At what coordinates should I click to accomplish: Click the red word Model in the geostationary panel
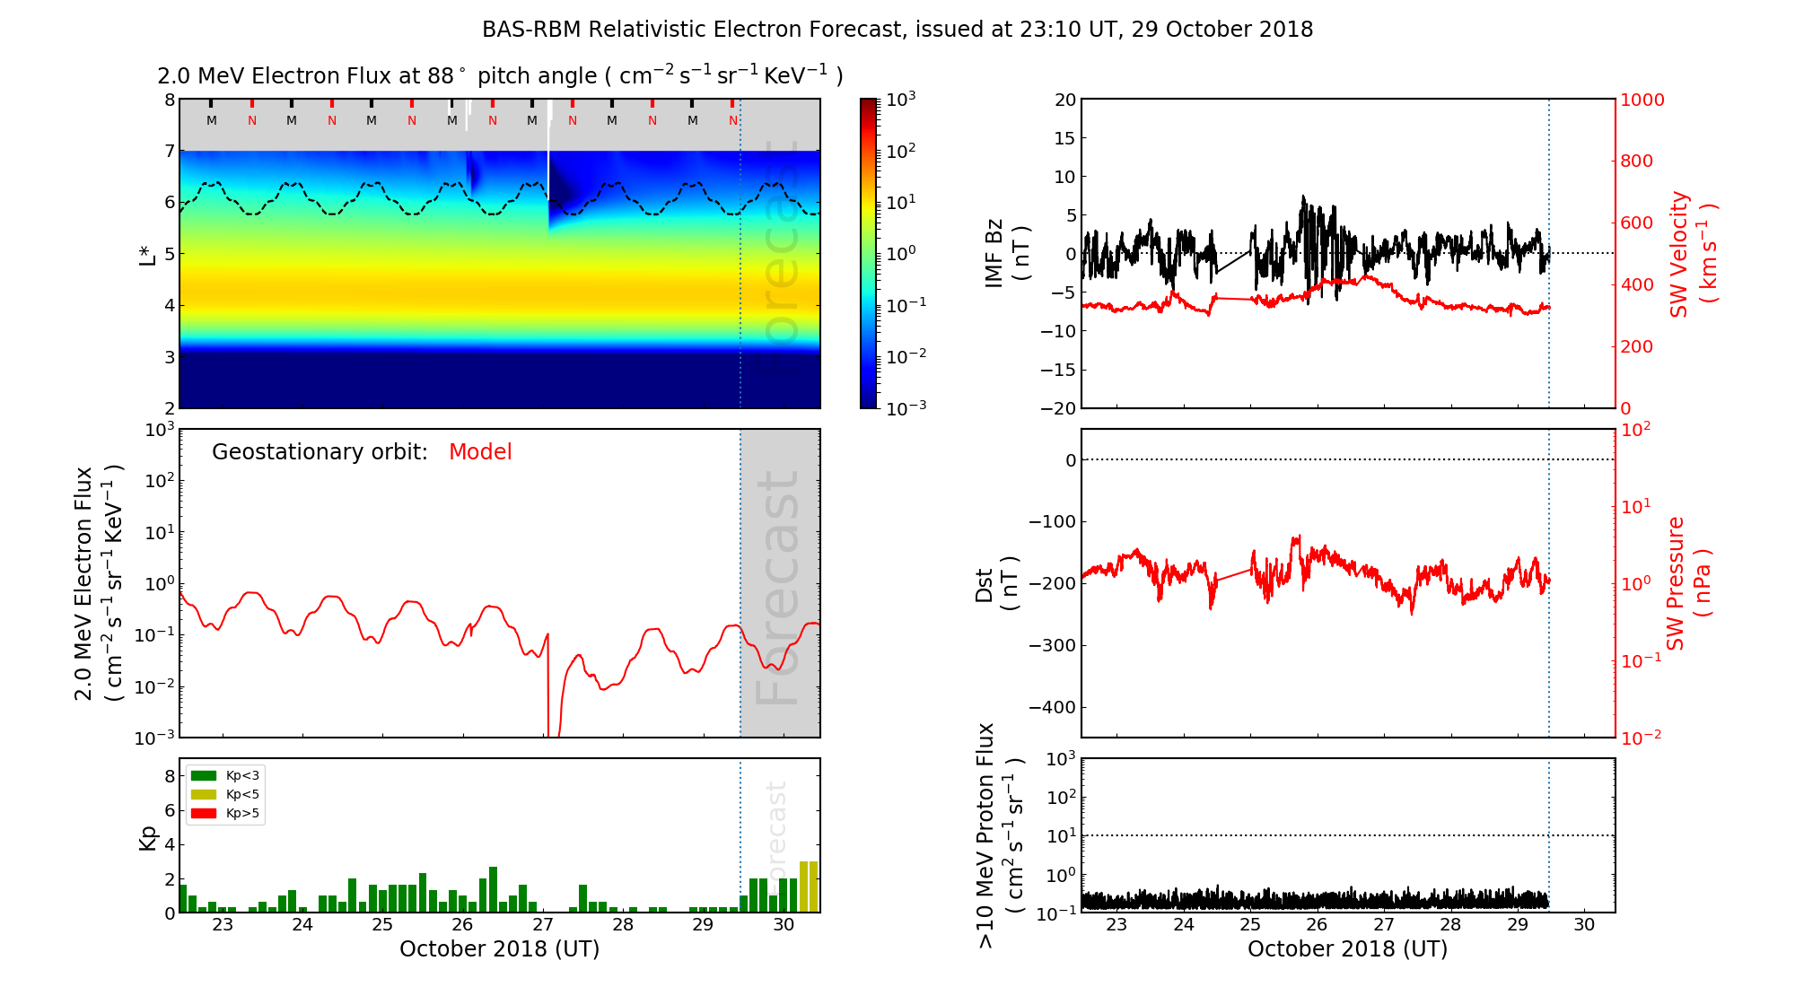pos(480,452)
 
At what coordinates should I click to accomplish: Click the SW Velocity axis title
pos(1693,254)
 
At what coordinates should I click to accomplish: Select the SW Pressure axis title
pos(1688,583)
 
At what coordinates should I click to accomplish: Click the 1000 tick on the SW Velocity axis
pos(1642,100)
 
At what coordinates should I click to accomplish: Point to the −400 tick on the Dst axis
pos(1051,707)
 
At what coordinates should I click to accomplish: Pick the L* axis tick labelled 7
pos(169,151)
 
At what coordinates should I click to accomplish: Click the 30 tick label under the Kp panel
pos(784,925)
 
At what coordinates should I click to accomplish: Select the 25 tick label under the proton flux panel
pos(1250,925)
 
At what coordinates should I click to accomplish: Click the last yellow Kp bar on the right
pos(814,887)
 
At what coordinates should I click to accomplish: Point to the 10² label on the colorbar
pos(901,151)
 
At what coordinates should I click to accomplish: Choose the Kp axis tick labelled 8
pos(170,776)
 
